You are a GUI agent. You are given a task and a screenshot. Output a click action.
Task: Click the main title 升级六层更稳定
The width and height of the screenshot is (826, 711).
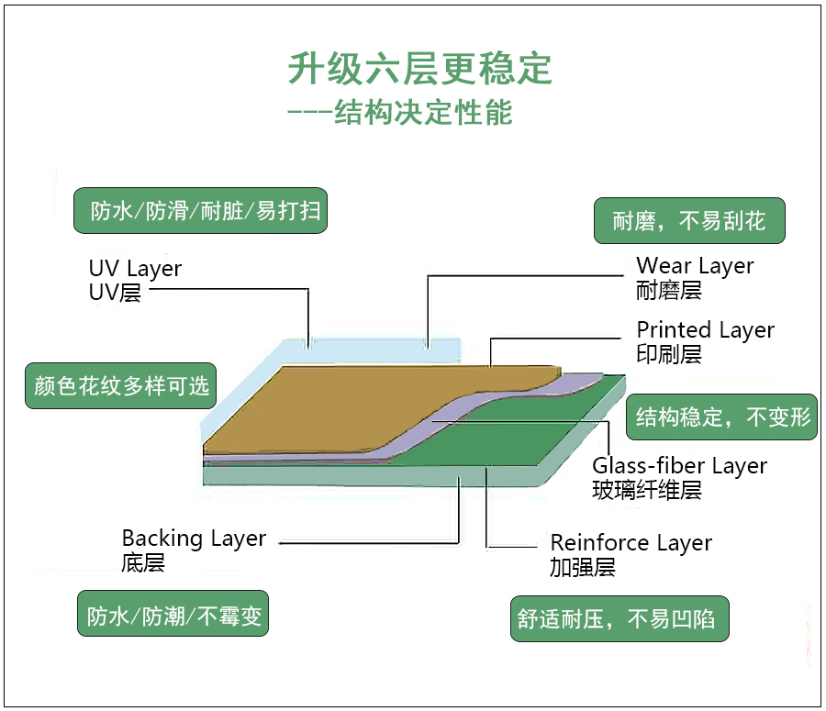[419, 69]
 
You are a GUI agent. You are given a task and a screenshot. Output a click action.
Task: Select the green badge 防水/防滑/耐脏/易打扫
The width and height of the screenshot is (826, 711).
[200, 211]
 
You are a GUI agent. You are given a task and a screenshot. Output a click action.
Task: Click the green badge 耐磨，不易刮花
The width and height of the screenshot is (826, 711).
[688, 221]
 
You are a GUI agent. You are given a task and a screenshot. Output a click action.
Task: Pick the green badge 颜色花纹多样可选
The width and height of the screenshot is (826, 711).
[121, 385]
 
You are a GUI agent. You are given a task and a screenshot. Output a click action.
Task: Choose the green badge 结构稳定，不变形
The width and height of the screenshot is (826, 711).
[723, 417]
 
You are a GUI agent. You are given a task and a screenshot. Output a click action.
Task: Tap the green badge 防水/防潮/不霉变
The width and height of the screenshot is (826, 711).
[173, 615]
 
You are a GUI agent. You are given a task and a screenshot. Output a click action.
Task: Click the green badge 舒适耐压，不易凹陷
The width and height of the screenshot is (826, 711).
[619, 619]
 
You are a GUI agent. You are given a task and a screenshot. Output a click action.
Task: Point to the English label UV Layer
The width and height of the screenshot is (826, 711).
[135, 269]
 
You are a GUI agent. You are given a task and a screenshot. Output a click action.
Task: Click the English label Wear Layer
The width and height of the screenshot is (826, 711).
[695, 266]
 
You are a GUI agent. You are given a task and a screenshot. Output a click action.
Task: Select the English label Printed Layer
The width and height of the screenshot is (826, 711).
[705, 330]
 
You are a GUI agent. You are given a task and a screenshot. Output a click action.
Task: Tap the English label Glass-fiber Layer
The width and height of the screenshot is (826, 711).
[679, 466]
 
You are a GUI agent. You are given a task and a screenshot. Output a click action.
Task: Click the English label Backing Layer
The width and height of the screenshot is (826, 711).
[194, 539]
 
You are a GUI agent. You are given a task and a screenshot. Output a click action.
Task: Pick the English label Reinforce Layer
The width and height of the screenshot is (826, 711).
[631, 543]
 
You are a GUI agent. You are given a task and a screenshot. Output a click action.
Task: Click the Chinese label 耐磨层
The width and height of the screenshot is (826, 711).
[669, 291]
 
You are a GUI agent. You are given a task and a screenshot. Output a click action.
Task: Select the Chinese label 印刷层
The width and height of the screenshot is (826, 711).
[669, 355]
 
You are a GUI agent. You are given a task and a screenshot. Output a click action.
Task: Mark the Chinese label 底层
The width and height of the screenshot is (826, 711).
[143, 563]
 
